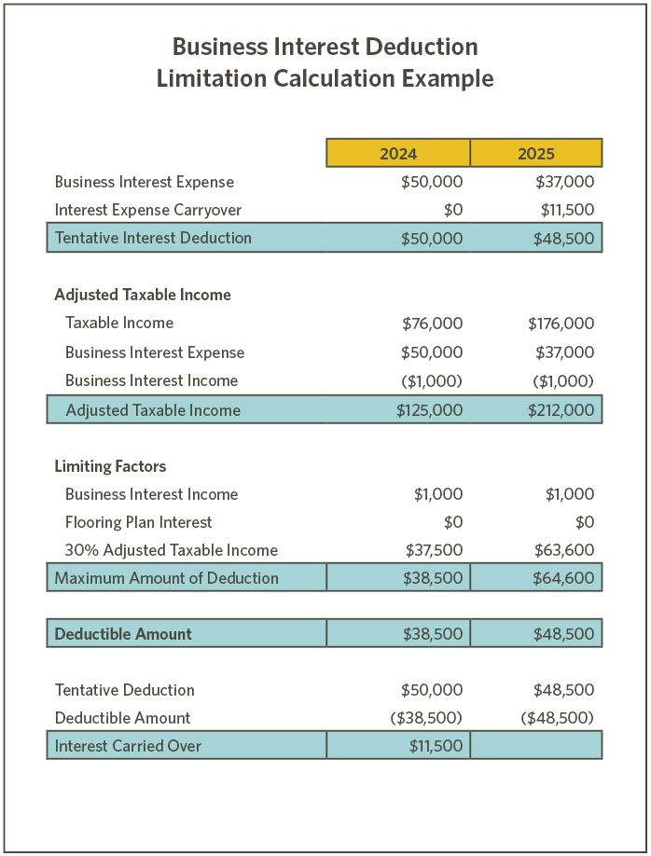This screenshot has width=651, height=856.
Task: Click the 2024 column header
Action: pyautogui.click(x=398, y=153)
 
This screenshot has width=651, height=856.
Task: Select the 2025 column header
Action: pyautogui.click(x=535, y=153)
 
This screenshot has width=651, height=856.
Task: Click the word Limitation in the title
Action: pyautogui.click(x=212, y=78)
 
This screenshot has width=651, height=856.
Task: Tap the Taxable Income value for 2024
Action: pyautogui.click(x=432, y=324)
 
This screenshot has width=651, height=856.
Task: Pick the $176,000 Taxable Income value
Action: pyautogui.click(x=561, y=324)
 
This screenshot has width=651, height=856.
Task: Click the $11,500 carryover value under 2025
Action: pyautogui.click(x=567, y=210)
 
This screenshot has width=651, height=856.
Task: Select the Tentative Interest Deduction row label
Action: pyautogui.click(x=153, y=238)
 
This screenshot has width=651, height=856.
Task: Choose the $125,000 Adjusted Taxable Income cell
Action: pyautogui.click(x=429, y=410)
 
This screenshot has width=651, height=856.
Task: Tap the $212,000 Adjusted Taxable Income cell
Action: pyautogui.click(x=561, y=410)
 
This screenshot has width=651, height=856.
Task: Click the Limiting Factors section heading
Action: pyautogui.click(x=110, y=466)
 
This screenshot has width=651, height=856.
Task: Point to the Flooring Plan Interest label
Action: pyautogui.click(x=138, y=522)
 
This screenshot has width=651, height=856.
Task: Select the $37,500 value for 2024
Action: pyautogui.click(x=434, y=550)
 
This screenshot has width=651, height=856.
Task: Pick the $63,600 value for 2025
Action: pyautogui.click(x=563, y=550)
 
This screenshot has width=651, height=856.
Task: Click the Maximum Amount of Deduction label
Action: pyautogui.click(x=166, y=578)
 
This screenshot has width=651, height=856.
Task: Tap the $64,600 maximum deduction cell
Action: pyautogui.click(x=563, y=578)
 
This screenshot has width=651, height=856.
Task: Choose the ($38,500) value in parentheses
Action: pyautogui.click(x=425, y=718)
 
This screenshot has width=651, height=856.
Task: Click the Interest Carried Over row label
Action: pyautogui.click(x=128, y=745)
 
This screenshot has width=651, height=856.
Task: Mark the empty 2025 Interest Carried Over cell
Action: pyautogui.click(x=535, y=745)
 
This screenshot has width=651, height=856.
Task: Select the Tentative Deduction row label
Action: pyautogui.click(x=124, y=690)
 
